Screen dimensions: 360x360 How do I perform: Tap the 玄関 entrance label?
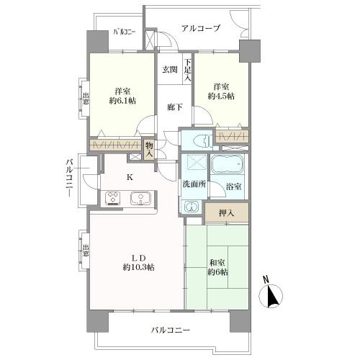tap(169, 69)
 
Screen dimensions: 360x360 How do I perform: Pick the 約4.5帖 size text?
tap(221, 96)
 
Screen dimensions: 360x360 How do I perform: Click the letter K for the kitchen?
tap(130, 177)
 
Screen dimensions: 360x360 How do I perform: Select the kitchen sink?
tap(139, 197)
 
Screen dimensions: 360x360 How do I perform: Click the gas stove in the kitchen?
tap(114, 197)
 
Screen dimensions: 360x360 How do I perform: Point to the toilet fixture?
tap(198, 140)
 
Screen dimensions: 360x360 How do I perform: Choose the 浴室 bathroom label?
tap(233, 186)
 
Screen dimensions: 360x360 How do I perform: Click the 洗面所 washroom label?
tap(193, 184)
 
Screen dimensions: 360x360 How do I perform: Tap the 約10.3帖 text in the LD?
tap(139, 267)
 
